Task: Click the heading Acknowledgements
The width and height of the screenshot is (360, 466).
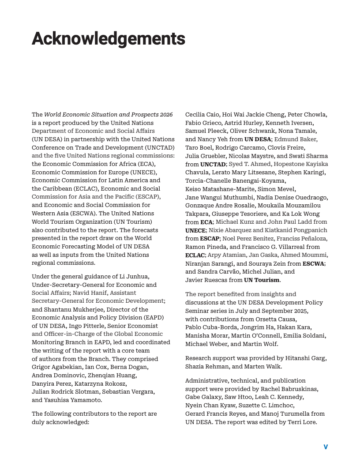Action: (109, 39)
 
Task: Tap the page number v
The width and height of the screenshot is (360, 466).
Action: (326, 447)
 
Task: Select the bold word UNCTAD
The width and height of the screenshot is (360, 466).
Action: (213, 164)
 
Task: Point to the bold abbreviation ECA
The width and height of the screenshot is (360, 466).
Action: (206, 222)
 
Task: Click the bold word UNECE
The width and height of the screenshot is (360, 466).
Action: (195, 230)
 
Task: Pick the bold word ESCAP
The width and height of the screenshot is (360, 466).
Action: (209, 239)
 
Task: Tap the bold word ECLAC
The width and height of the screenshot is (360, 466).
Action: (195, 255)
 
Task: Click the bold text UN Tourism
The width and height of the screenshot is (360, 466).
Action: (262, 280)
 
